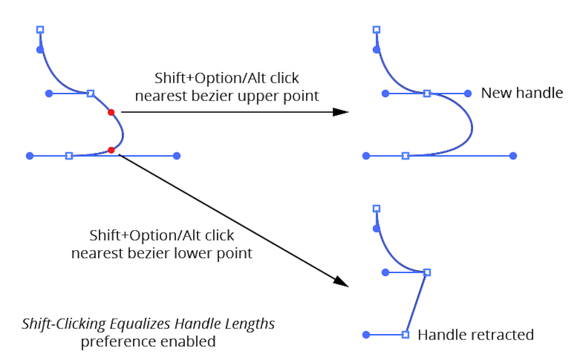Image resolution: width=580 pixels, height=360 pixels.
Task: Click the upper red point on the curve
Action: [x=111, y=112]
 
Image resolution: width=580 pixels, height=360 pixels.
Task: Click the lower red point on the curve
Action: [x=111, y=150]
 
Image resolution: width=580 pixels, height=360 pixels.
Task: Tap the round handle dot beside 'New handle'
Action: [x=468, y=94]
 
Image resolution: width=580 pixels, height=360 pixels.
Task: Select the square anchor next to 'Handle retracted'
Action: [x=405, y=335]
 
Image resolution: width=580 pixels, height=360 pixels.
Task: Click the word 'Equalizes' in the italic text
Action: [x=140, y=324]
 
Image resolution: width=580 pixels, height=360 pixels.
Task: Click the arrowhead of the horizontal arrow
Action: [x=341, y=112]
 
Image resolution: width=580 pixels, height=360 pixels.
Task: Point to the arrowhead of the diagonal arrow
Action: [x=341, y=282]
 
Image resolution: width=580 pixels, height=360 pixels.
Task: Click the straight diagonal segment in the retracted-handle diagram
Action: [x=417, y=303]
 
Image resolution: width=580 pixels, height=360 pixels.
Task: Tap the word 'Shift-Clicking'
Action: [x=64, y=324]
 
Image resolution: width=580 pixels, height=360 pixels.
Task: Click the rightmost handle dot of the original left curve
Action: [x=177, y=156]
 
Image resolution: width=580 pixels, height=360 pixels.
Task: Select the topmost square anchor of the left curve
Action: [x=40, y=30]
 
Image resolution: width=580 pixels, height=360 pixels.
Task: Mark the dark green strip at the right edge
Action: [x=557, y=223]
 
